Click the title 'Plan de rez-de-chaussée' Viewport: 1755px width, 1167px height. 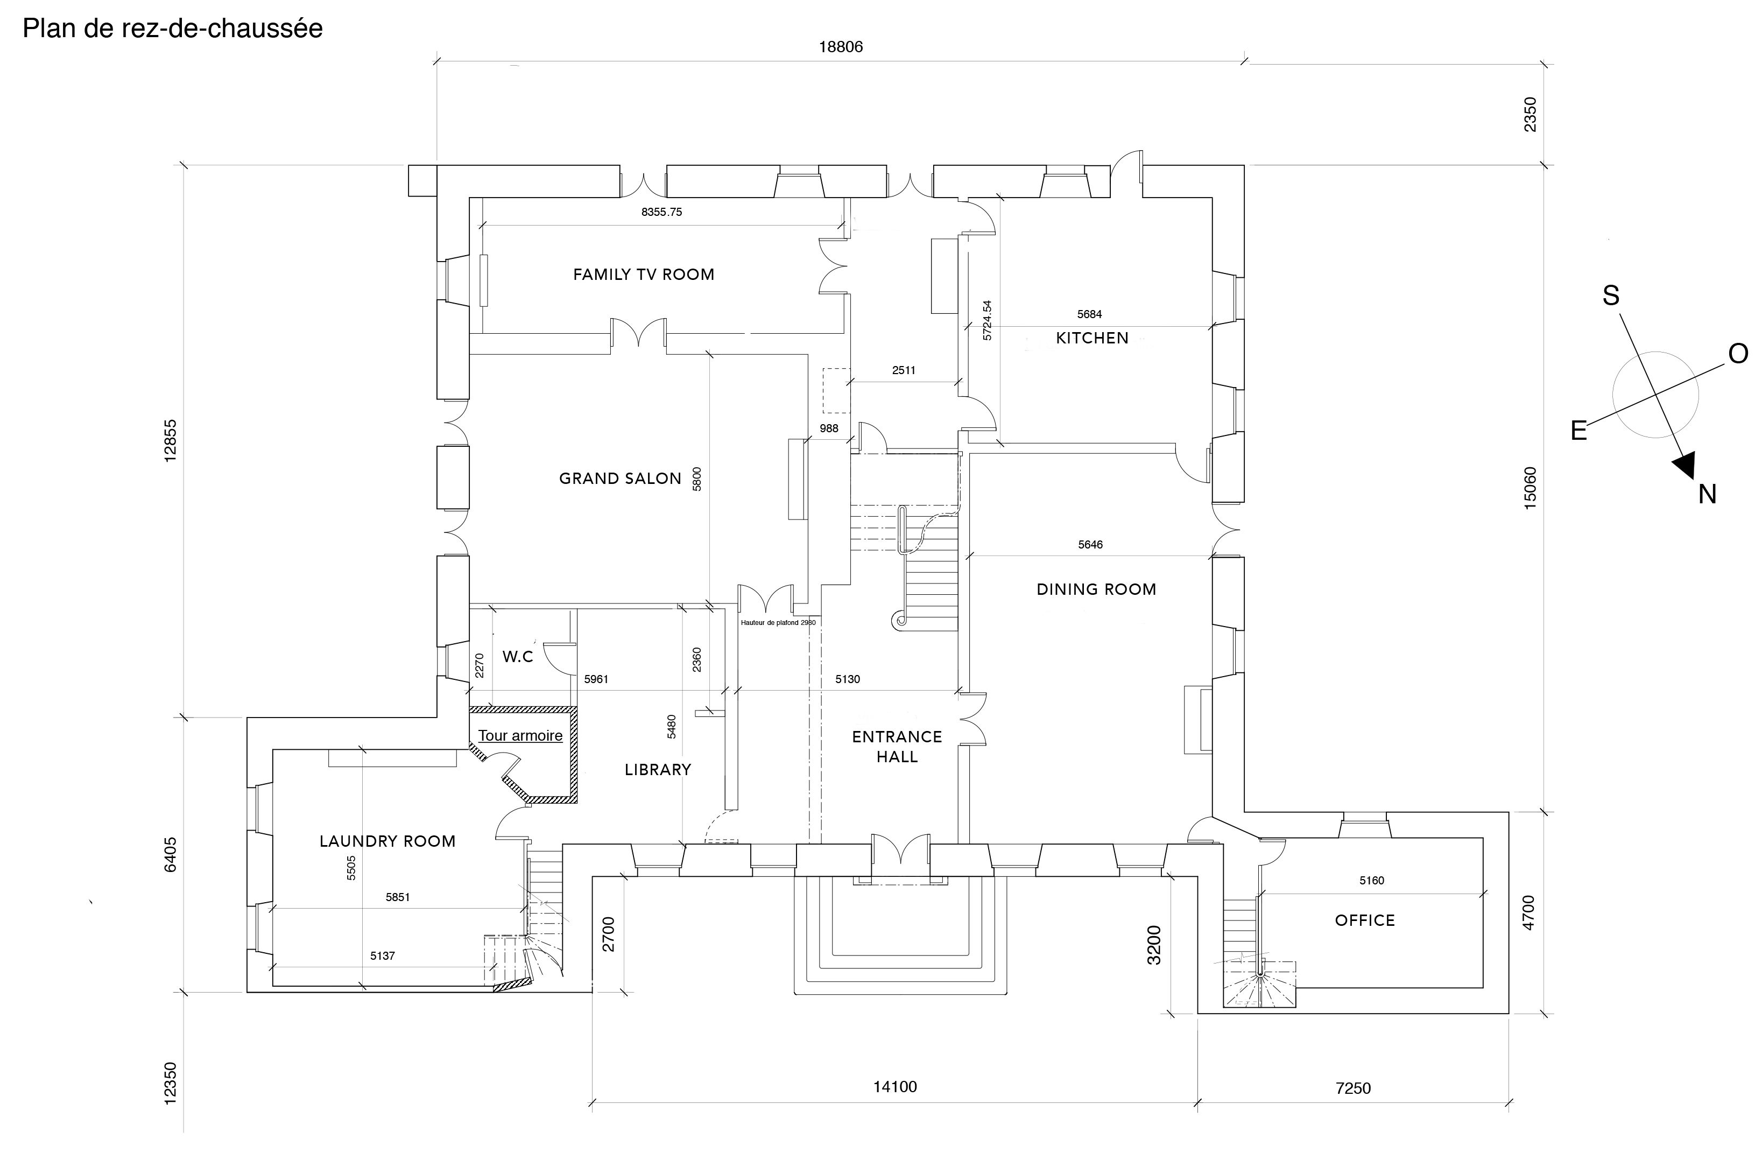(x=173, y=29)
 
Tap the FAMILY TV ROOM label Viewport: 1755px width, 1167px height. (x=644, y=275)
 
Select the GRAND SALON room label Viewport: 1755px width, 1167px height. (x=620, y=479)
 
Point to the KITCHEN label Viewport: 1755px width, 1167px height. (x=1092, y=338)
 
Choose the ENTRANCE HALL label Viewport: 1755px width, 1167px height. (x=897, y=747)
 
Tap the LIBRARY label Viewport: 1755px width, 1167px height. (x=658, y=770)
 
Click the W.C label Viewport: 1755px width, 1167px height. (x=518, y=657)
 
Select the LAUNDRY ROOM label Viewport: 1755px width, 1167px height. (x=387, y=841)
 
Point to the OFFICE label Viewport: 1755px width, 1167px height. (x=1364, y=920)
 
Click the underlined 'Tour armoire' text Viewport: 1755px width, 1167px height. (x=520, y=735)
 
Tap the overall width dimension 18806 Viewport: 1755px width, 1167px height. (x=841, y=47)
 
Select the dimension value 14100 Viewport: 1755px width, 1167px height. (x=895, y=1087)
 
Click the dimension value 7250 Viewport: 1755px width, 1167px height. (x=1352, y=1088)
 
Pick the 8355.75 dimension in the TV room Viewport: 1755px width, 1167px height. (x=661, y=212)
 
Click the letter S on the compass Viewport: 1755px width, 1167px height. (x=1611, y=296)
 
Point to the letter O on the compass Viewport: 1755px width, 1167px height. (x=1738, y=354)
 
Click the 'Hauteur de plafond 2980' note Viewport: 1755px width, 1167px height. (x=778, y=622)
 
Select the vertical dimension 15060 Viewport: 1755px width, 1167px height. (x=1530, y=488)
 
